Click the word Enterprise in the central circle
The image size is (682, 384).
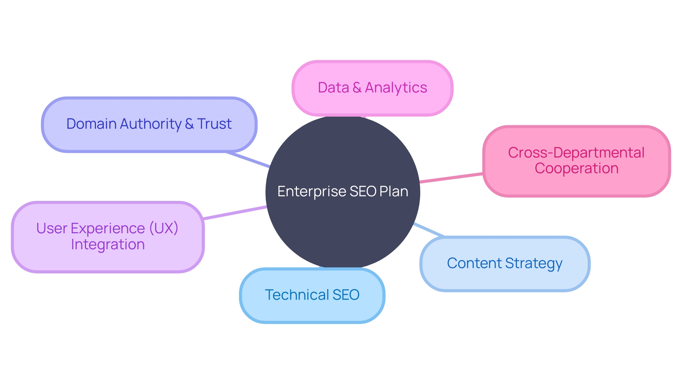[312, 192]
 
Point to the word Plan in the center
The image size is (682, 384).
[394, 192]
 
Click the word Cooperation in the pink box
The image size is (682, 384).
[576, 168]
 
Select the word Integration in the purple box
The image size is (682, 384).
[108, 245]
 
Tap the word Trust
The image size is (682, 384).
[214, 124]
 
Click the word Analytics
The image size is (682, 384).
[396, 88]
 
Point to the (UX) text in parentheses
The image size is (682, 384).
[163, 228]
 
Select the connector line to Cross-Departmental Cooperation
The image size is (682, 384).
[451, 178]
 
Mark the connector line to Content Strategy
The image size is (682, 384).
[429, 230]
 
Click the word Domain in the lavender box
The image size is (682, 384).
[91, 124]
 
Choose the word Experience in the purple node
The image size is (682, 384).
[108, 228]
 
